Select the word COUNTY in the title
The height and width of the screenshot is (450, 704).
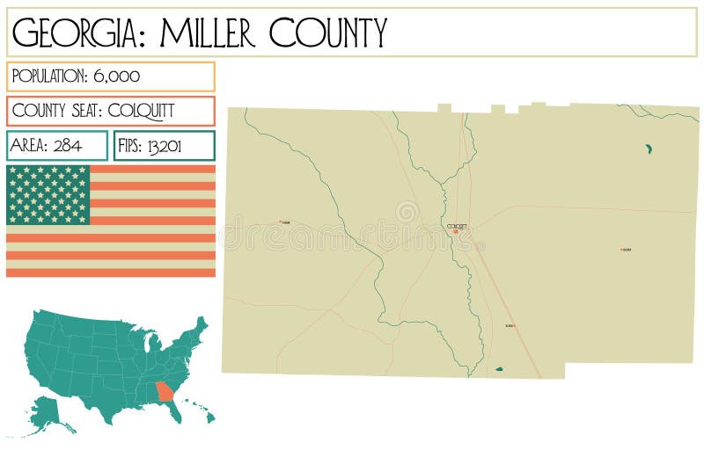click(327, 33)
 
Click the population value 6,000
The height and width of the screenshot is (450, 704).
click(116, 76)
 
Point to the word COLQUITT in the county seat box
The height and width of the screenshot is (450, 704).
click(141, 111)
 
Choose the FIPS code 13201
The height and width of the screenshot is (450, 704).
click(164, 146)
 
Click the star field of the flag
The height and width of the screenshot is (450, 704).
click(48, 194)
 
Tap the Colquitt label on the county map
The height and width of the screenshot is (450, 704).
click(457, 227)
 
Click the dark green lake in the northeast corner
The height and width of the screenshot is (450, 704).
click(649, 149)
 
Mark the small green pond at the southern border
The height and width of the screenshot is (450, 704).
click(499, 370)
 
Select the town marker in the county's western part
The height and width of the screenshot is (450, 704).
click(282, 221)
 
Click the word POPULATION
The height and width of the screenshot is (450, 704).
click(49, 76)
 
